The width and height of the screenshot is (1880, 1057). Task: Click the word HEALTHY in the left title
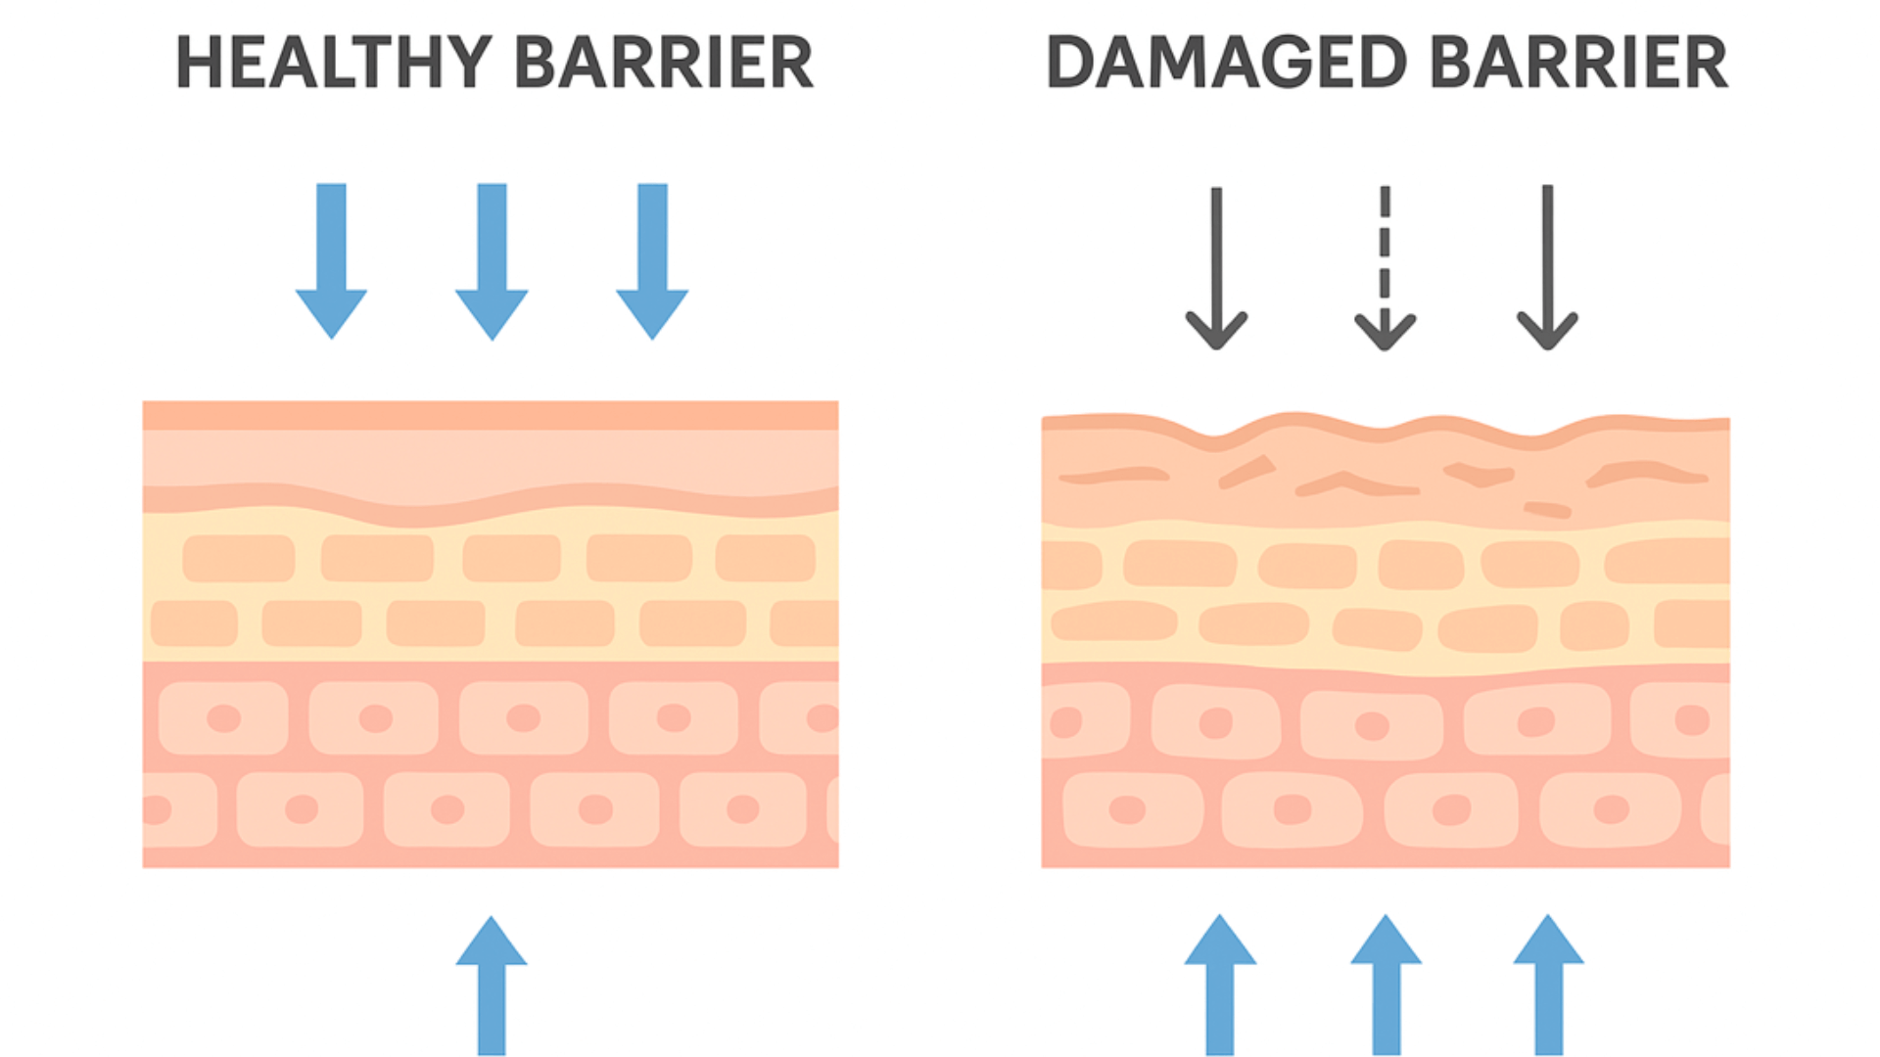(333, 63)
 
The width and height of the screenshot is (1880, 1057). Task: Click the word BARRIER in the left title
(663, 63)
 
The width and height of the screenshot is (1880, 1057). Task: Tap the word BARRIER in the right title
(1578, 63)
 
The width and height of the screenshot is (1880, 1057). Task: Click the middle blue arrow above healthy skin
(492, 260)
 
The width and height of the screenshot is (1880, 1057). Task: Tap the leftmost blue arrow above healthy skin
(331, 260)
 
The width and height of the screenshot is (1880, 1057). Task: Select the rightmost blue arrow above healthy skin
(652, 260)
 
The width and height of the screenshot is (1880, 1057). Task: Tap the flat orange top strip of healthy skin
(490, 415)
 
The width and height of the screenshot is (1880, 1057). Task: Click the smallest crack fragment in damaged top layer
(1547, 509)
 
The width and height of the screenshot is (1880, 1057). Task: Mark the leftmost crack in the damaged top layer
(1114, 476)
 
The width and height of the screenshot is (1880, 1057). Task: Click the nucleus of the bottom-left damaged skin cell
(1127, 809)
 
